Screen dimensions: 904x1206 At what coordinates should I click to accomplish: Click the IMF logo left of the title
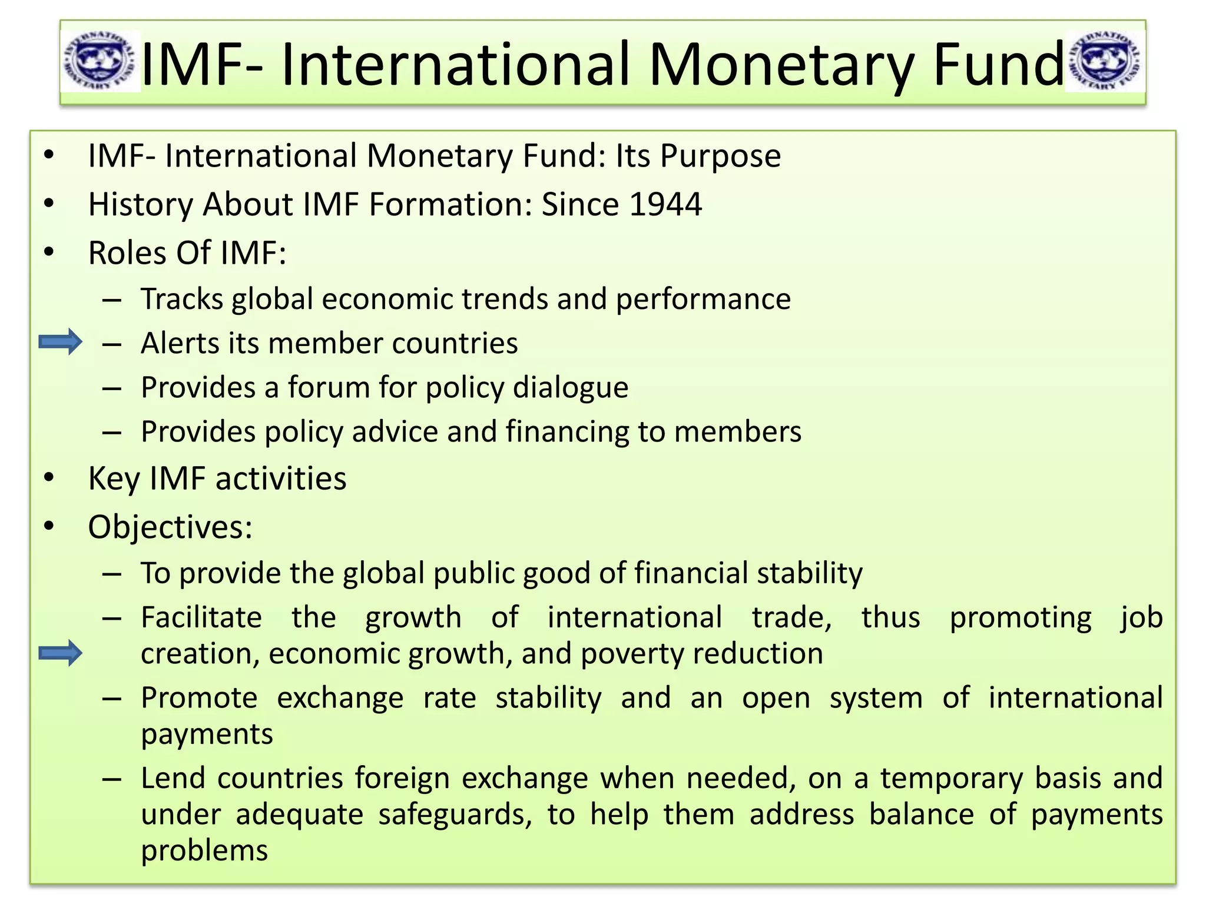(x=100, y=62)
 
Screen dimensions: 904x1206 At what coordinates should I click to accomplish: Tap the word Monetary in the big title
(x=781, y=65)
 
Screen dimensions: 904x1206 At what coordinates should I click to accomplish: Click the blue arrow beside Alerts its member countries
(x=60, y=342)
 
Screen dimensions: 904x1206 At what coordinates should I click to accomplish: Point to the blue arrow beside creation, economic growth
(x=60, y=653)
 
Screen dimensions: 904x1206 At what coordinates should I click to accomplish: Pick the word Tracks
(x=182, y=299)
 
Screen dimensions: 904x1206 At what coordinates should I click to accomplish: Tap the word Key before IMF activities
(x=114, y=478)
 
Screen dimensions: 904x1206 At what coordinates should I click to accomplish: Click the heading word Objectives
(x=170, y=527)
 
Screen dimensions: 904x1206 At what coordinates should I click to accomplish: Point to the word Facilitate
(x=201, y=617)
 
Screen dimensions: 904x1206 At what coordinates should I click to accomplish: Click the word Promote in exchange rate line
(x=199, y=698)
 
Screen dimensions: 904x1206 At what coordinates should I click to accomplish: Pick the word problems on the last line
(x=204, y=851)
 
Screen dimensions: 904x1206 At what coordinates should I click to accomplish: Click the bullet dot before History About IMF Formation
(x=49, y=204)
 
